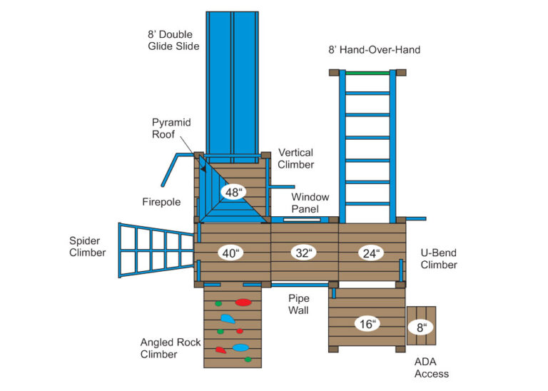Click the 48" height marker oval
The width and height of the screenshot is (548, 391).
[233, 192]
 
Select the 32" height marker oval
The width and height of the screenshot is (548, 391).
[303, 253]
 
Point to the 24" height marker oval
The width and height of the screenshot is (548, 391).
[370, 253]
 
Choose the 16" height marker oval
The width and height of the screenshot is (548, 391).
[367, 324]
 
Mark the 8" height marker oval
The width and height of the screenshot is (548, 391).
[421, 327]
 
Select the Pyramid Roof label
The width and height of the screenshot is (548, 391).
[171, 128]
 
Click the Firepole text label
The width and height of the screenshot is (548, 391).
[161, 203]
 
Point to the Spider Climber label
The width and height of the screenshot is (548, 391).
[87, 246]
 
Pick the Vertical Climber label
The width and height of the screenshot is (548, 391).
[296, 158]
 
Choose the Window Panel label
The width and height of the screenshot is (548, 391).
[310, 203]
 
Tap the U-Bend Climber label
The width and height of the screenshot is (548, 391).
[439, 259]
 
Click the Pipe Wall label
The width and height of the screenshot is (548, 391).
[299, 304]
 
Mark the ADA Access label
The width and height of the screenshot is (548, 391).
[432, 367]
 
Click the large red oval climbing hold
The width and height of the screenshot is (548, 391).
[243, 303]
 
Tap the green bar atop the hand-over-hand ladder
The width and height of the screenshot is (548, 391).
[367, 72]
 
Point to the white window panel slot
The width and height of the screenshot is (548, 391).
[302, 220]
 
